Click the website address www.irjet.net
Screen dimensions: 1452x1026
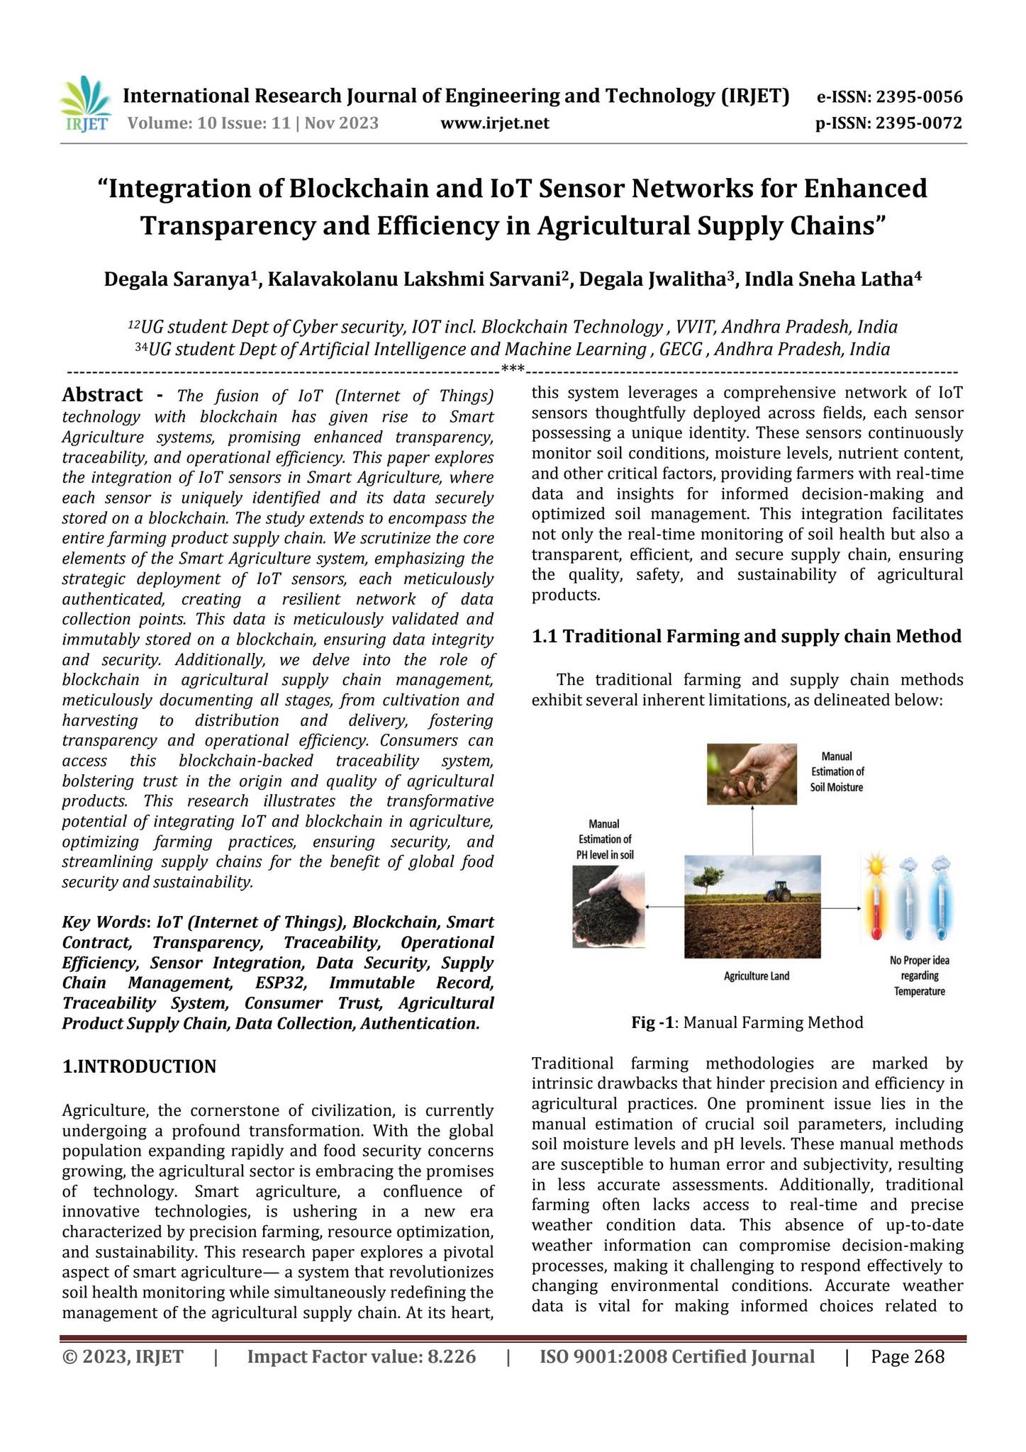pyautogui.click(x=494, y=123)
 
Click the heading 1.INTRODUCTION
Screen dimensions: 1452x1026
pyautogui.click(x=139, y=1066)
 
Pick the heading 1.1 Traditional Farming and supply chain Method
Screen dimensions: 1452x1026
pyautogui.click(x=746, y=636)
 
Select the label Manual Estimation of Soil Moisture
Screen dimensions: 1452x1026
pyautogui.click(x=837, y=771)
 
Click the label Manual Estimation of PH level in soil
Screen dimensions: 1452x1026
pyautogui.click(x=604, y=839)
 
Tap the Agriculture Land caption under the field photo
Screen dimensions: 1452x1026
pyautogui.click(x=756, y=976)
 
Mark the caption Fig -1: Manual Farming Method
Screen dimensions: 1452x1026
pyautogui.click(x=747, y=1022)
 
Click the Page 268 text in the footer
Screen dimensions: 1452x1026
pyautogui.click(x=908, y=1357)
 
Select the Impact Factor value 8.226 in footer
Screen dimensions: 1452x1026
pyautogui.click(x=362, y=1357)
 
